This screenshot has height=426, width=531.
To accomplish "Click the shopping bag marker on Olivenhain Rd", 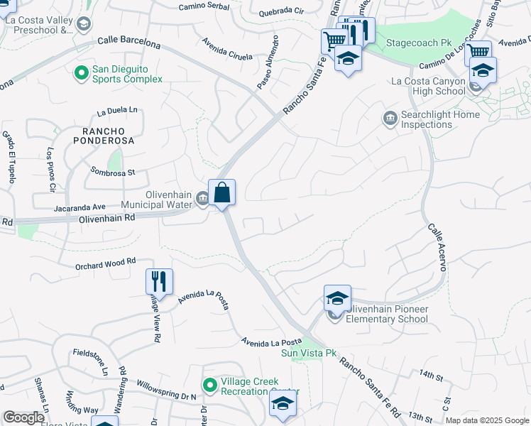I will click(x=221, y=192).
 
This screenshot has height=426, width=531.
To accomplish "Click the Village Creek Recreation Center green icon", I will click(x=209, y=386).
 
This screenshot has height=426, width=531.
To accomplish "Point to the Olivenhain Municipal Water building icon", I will click(x=202, y=200).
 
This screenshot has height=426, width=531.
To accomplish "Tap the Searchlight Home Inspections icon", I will click(x=389, y=117).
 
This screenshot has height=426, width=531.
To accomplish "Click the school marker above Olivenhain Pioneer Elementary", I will click(x=337, y=298).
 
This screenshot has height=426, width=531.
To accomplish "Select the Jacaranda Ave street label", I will click(x=80, y=207).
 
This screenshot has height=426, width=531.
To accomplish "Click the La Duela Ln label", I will click(x=117, y=111).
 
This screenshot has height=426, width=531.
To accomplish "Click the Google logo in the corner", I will click(x=24, y=417).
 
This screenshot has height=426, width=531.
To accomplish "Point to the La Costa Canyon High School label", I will click(x=428, y=86).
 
